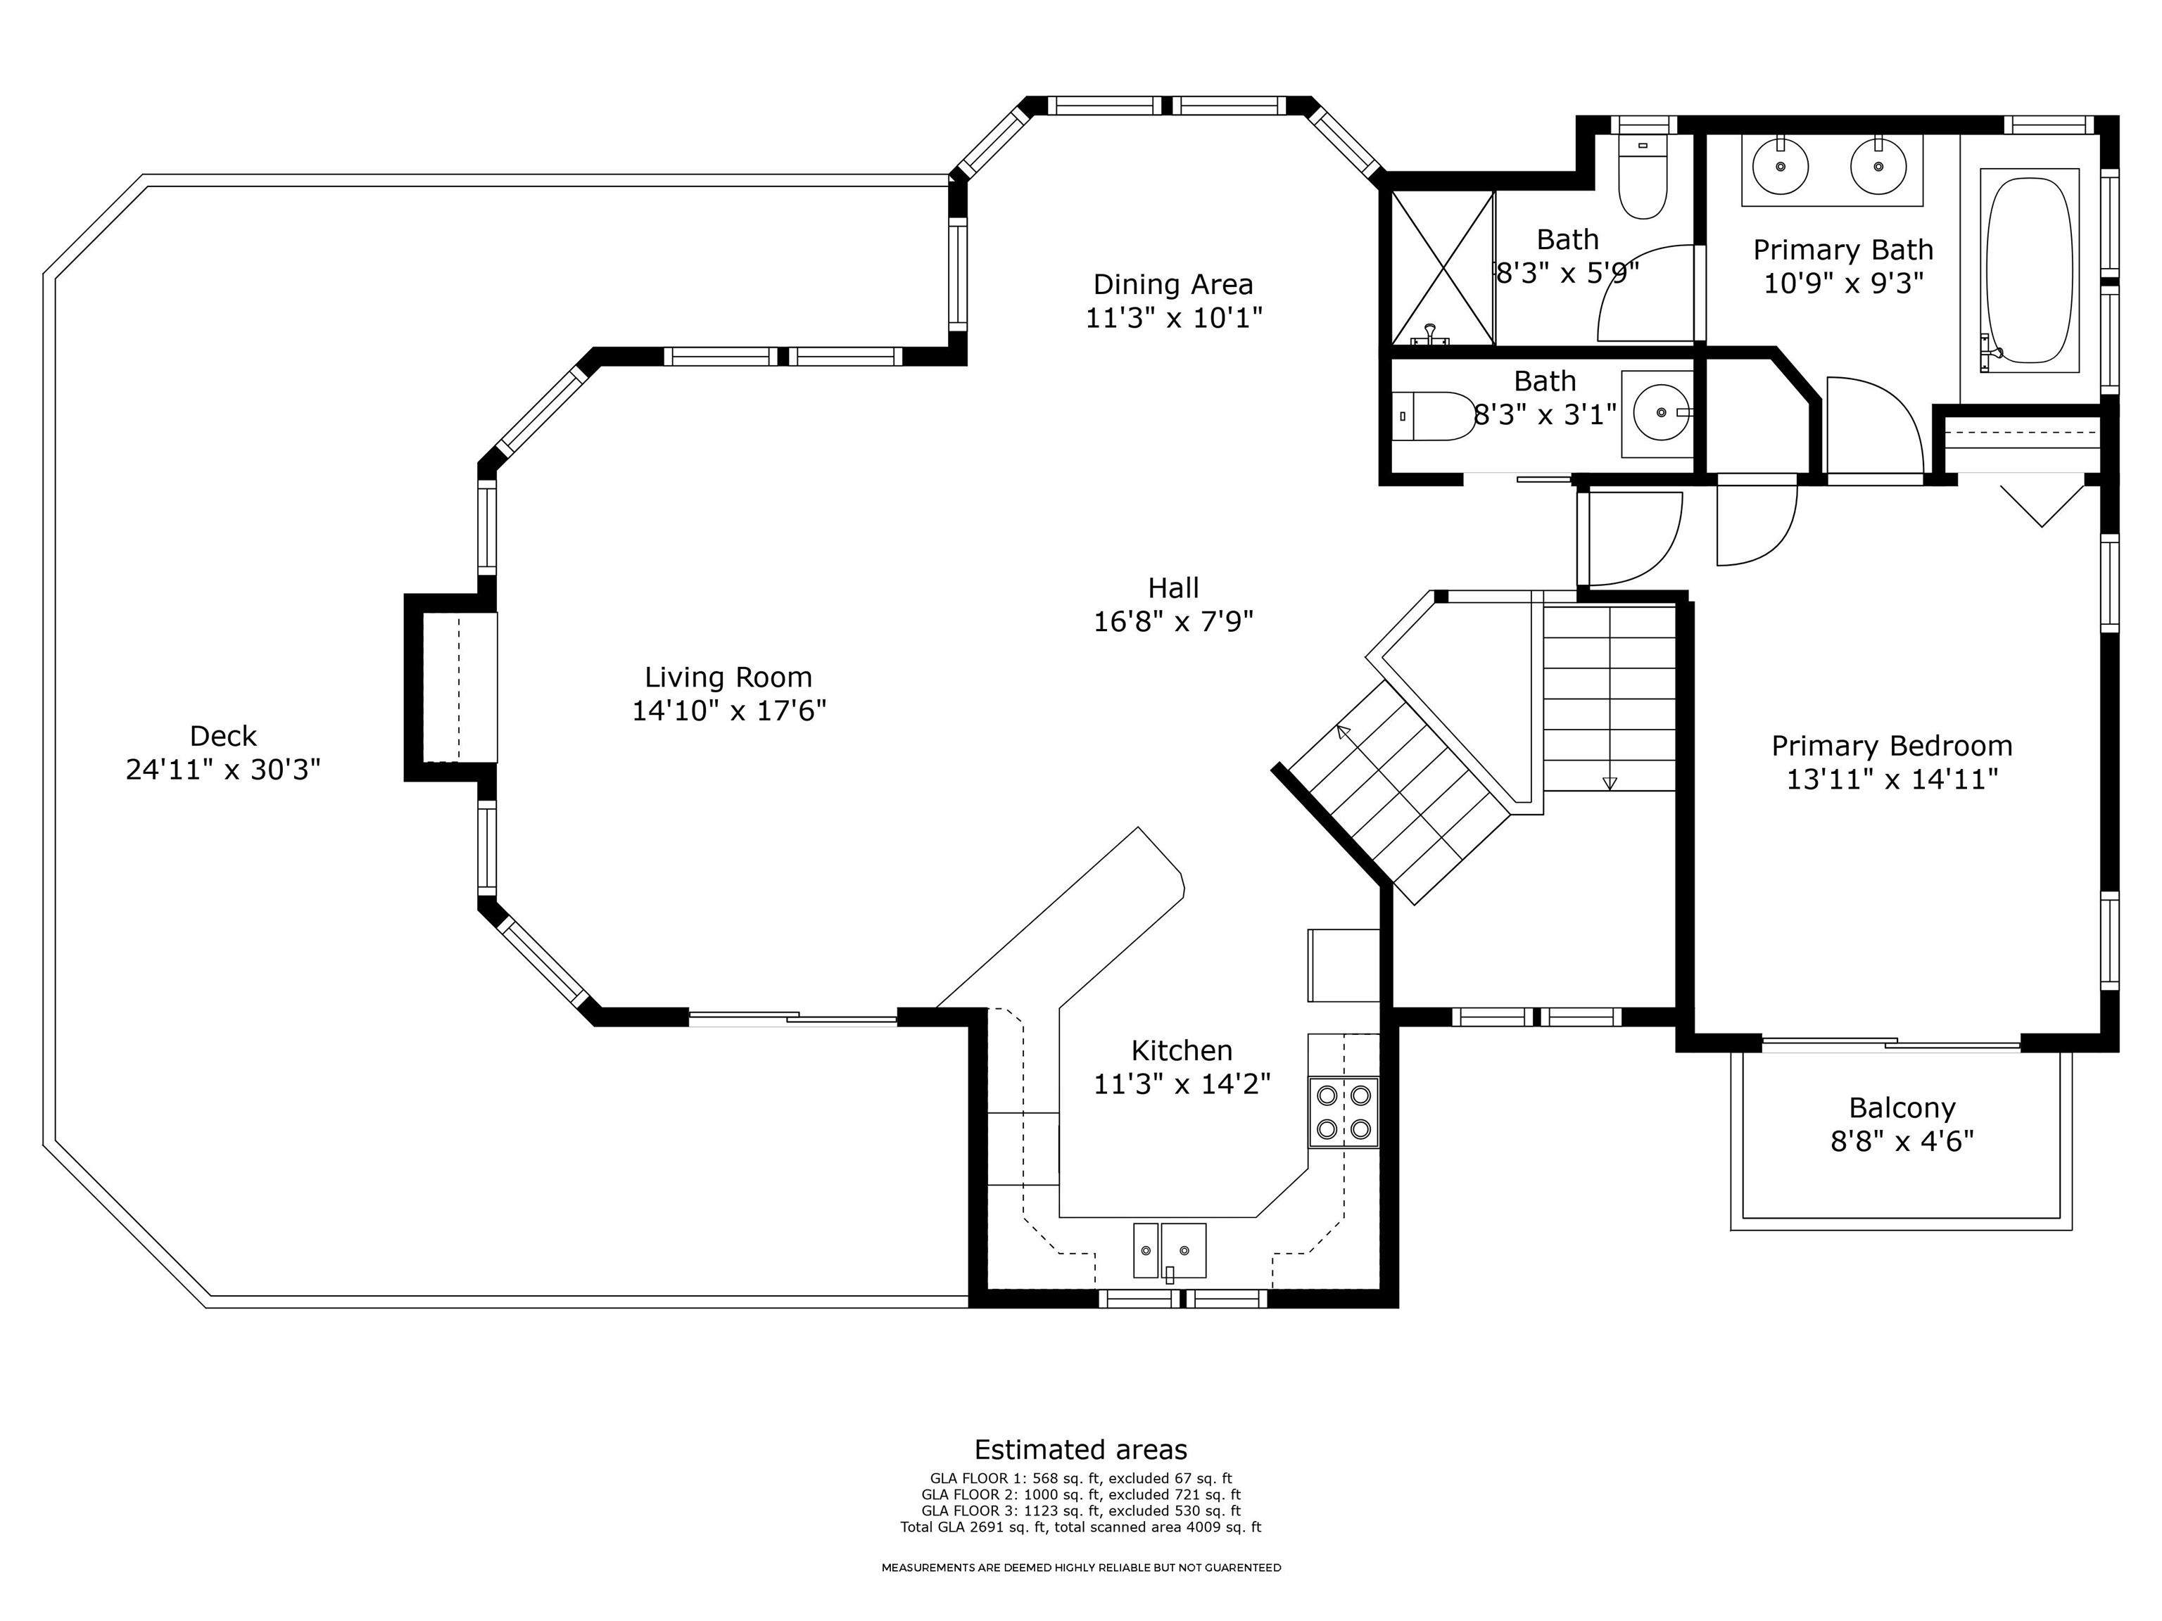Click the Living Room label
728,677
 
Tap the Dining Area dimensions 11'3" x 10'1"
1174,317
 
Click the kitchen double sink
1170,1251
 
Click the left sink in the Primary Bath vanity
1780,166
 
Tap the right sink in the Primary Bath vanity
1878,166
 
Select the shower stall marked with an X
1443,268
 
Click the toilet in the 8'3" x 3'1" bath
1433,417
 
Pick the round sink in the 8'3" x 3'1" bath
1662,412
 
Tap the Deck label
223,736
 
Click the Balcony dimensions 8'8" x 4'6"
1902,1141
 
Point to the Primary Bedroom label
1892,746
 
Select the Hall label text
1173,588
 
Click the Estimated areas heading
1081,1450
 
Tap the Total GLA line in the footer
1081,1527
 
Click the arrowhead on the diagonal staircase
1344,731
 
